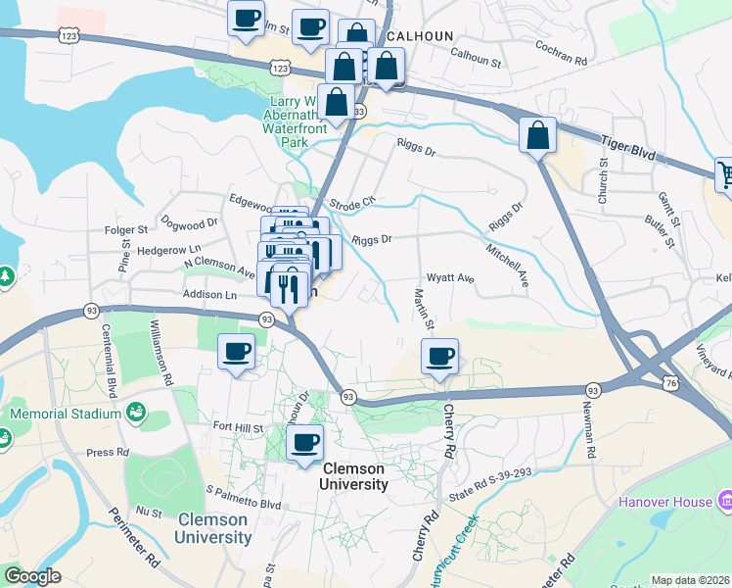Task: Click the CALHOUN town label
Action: [x=421, y=36]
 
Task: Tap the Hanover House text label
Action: [x=665, y=502]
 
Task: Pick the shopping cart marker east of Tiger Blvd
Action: [x=726, y=175]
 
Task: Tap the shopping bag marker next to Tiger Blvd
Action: [x=537, y=135]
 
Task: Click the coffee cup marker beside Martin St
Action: [x=439, y=356]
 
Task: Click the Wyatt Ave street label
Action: [x=450, y=278]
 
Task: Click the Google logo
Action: [x=32, y=576]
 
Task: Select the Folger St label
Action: [x=124, y=231]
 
